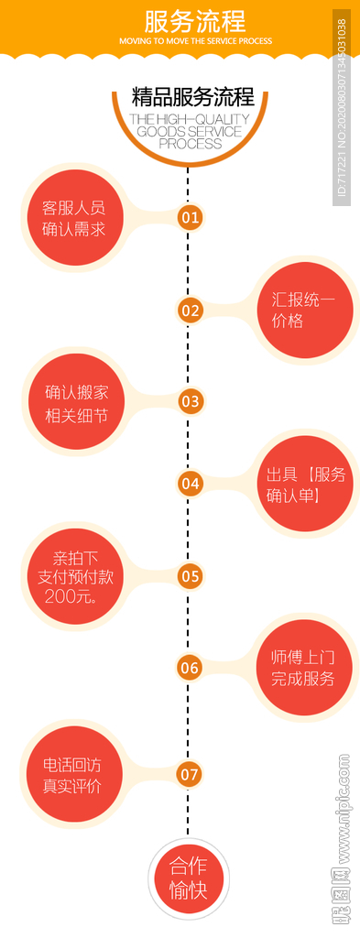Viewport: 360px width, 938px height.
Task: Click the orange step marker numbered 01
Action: (x=190, y=217)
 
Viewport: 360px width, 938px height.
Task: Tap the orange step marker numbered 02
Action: (x=190, y=310)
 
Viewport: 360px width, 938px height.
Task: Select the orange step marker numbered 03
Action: (x=190, y=400)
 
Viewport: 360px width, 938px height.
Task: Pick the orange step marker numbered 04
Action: (x=190, y=483)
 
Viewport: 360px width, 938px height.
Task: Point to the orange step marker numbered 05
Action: (x=190, y=576)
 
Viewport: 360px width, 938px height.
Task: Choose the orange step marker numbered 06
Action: (x=190, y=668)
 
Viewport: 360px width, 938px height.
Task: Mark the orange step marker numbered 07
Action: (x=190, y=775)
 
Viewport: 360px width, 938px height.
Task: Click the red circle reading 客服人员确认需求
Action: (x=73, y=217)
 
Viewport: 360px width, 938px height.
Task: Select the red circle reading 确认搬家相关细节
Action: (x=76, y=403)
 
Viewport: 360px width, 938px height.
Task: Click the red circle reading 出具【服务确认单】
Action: (x=305, y=485)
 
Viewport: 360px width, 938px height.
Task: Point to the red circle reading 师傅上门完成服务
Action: (x=302, y=668)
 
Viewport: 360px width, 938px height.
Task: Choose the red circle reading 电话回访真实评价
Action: (x=72, y=775)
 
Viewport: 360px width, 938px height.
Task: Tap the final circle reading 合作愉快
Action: (x=189, y=877)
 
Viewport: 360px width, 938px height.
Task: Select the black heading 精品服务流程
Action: (x=193, y=97)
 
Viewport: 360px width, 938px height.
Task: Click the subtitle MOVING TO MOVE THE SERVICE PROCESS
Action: (x=195, y=41)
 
